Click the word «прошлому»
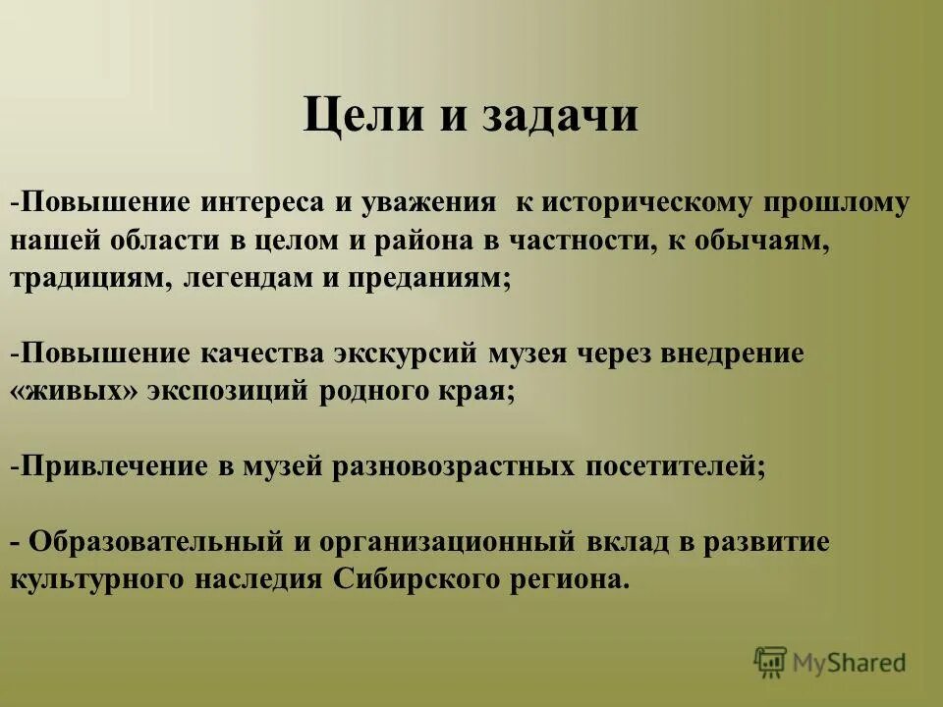(x=835, y=203)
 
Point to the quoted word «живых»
(x=74, y=391)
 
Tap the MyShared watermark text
(x=850, y=663)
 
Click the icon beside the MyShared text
(x=771, y=663)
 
